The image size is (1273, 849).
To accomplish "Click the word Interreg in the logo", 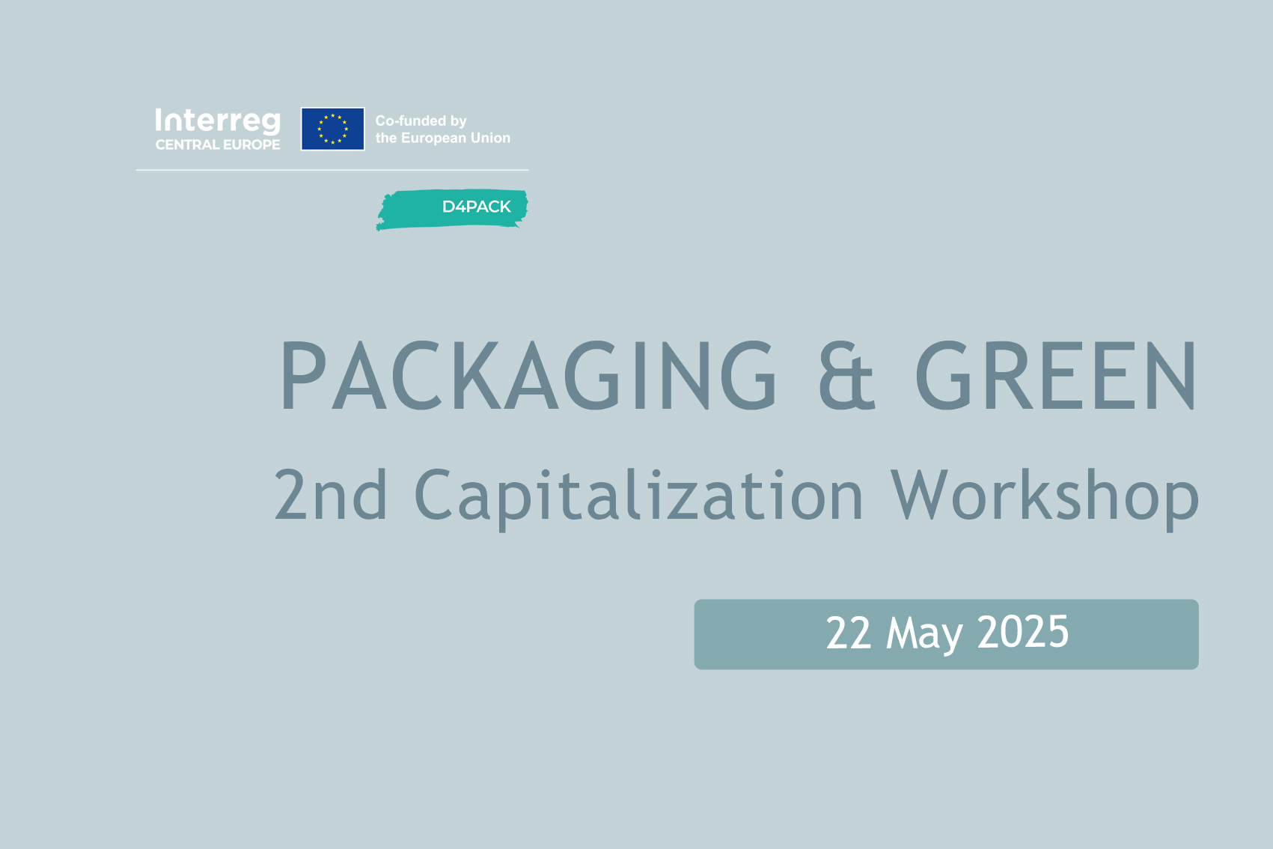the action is pyautogui.click(x=218, y=122).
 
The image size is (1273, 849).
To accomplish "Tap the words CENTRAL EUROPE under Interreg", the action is pyautogui.click(x=218, y=145).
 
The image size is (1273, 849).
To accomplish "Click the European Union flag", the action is pyautogui.click(x=332, y=129).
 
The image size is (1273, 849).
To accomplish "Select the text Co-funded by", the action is pyautogui.click(x=421, y=121).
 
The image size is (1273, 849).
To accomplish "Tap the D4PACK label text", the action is pyautogui.click(x=476, y=207).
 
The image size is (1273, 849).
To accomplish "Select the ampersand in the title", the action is pyautogui.click(x=846, y=375).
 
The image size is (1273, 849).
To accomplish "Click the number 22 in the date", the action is pyautogui.click(x=848, y=633).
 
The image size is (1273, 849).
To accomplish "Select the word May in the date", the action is pyautogui.click(x=924, y=635).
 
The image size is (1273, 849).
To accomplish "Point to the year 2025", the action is pyautogui.click(x=1023, y=633).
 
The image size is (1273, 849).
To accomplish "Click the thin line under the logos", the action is pyautogui.click(x=332, y=170).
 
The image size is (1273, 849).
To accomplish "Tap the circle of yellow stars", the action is pyautogui.click(x=332, y=129).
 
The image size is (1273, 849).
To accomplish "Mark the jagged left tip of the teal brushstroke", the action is pyautogui.click(x=376, y=228).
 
